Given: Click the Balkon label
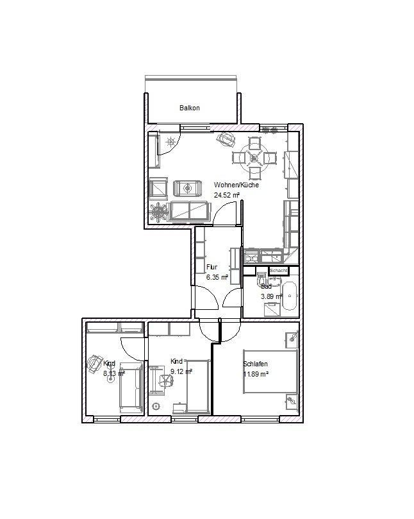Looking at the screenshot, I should coord(189,108).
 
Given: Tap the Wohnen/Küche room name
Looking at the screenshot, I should coord(236,185).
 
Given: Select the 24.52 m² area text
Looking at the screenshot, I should coord(227,194).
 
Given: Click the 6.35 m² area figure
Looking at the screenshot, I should coord(217,277).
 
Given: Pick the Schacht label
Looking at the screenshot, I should coord(279,271).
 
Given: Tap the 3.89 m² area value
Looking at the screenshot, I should coord(271,296).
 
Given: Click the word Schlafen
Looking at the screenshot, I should coord(255,364).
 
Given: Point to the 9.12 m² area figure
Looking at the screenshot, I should coord(181,370).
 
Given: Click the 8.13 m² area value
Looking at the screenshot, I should coord(113,372).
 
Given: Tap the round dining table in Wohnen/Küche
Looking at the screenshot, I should coord(254,157).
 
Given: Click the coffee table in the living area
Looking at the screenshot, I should coord(186,188).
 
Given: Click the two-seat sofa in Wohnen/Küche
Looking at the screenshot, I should coord(189,209).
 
